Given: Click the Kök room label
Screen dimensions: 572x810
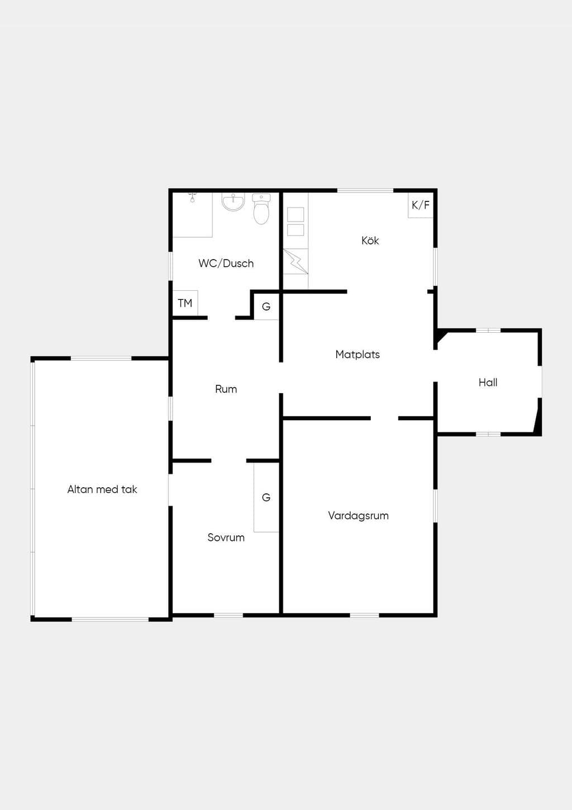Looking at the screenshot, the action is tap(370, 241).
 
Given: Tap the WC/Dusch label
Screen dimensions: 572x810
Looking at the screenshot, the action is tap(226, 263).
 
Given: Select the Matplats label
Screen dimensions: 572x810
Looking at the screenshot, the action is tap(357, 355).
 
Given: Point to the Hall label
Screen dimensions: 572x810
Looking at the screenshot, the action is tap(488, 382).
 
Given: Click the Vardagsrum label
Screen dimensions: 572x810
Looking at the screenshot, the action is tap(358, 516).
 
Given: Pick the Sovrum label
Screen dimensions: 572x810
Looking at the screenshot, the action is tap(226, 538).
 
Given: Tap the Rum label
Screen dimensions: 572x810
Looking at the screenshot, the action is tap(226, 389).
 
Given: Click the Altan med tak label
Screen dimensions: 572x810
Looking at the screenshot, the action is tap(102, 489).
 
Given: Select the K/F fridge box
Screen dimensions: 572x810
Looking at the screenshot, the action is tap(421, 205).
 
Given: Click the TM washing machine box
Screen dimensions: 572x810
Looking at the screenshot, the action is tap(185, 303).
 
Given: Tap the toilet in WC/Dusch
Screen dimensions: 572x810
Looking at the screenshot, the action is tap(261, 209).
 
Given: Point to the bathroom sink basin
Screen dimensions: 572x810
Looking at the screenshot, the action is tap(233, 202).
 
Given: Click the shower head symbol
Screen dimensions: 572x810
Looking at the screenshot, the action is tap(193, 197).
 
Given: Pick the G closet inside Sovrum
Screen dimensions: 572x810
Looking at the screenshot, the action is tap(266, 497).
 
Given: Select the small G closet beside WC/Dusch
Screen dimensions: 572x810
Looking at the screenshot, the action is tap(266, 307).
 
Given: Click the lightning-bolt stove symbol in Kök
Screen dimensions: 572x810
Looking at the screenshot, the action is tap(295, 261).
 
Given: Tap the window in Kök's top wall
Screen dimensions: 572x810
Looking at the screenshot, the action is tap(365, 190).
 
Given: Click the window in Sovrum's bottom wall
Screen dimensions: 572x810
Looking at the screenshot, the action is tap(228, 615).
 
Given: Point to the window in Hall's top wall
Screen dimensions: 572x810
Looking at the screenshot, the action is tap(488, 330).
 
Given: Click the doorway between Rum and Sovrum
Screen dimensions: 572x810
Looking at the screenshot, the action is tap(228, 461).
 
